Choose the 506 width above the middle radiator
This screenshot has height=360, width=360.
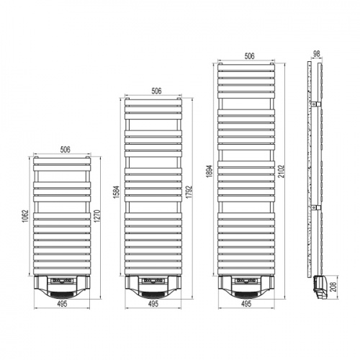click(155, 91)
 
